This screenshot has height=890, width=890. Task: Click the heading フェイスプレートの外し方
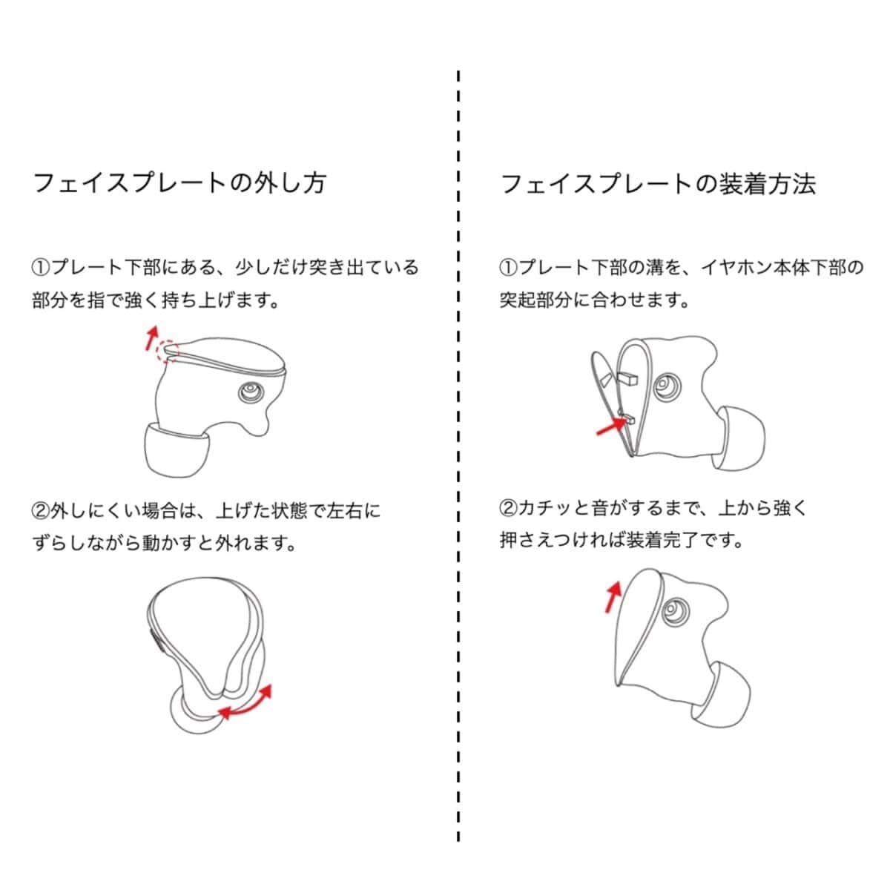[180, 183]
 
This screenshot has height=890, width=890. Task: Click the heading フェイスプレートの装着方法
[658, 184]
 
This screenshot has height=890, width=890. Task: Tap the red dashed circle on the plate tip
[167, 351]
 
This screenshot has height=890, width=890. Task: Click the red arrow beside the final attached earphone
[613, 597]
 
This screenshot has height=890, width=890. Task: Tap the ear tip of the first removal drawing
[177, 450]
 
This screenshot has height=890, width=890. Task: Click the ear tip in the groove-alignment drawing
[742, 438]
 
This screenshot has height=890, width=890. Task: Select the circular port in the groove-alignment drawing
[667, 384]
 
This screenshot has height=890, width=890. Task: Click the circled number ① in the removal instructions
[41, 268]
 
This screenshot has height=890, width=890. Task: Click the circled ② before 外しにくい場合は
[41, 511]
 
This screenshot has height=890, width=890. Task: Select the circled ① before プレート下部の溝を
[509, 268]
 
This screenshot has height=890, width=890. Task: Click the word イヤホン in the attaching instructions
[736, 268]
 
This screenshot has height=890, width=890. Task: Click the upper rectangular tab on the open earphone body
[629, 378]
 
